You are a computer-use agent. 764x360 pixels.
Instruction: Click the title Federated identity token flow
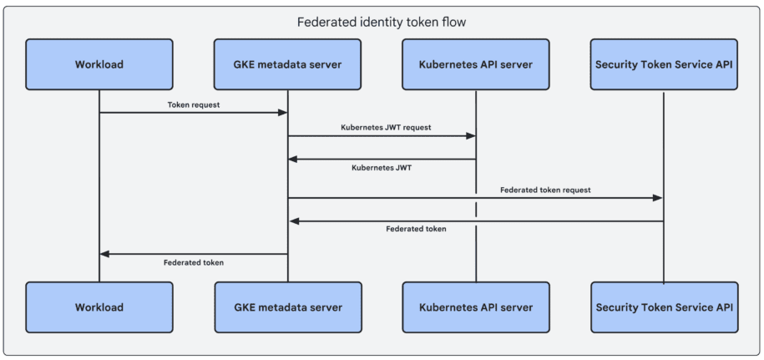pos(382,22)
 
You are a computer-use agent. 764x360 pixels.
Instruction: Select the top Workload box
pos(99,64)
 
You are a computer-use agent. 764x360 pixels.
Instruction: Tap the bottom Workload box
pos(99,307)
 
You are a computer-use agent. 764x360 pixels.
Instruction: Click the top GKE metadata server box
pos(288,64)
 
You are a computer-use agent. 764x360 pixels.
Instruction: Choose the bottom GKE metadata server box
pos(288,307)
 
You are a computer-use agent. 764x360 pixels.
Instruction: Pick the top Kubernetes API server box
pos(476,64)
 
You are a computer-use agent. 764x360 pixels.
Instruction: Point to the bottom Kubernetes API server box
pos(476,307)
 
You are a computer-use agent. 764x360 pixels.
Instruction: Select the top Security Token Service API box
pos(665,64)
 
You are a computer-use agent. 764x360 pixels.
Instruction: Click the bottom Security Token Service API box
pos(665,307)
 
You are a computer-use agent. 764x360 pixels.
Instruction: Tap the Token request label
pos(194,105)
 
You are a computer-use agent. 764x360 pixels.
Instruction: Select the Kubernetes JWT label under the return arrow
pos(382,167)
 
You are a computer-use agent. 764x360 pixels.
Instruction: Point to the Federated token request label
pos(545,190)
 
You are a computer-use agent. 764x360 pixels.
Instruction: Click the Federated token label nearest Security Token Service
pos(416,228)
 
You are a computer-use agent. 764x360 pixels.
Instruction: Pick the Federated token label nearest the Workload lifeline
pos(194,261)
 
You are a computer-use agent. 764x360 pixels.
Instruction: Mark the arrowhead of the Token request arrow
pos(282,113)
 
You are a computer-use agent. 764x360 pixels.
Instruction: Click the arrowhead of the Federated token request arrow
pos(658,198)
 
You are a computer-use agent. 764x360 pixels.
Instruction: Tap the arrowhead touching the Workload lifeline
pos(105,254)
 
